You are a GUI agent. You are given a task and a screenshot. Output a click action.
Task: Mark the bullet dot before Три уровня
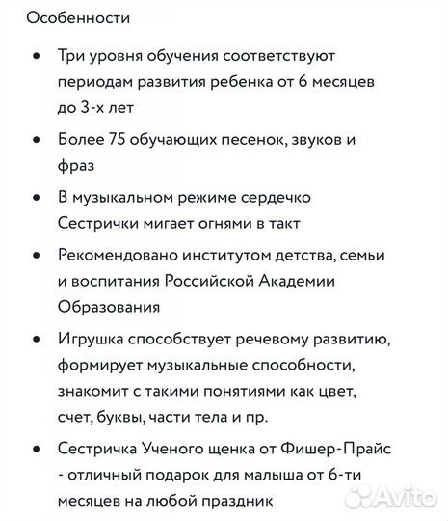(x=36, y=58)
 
